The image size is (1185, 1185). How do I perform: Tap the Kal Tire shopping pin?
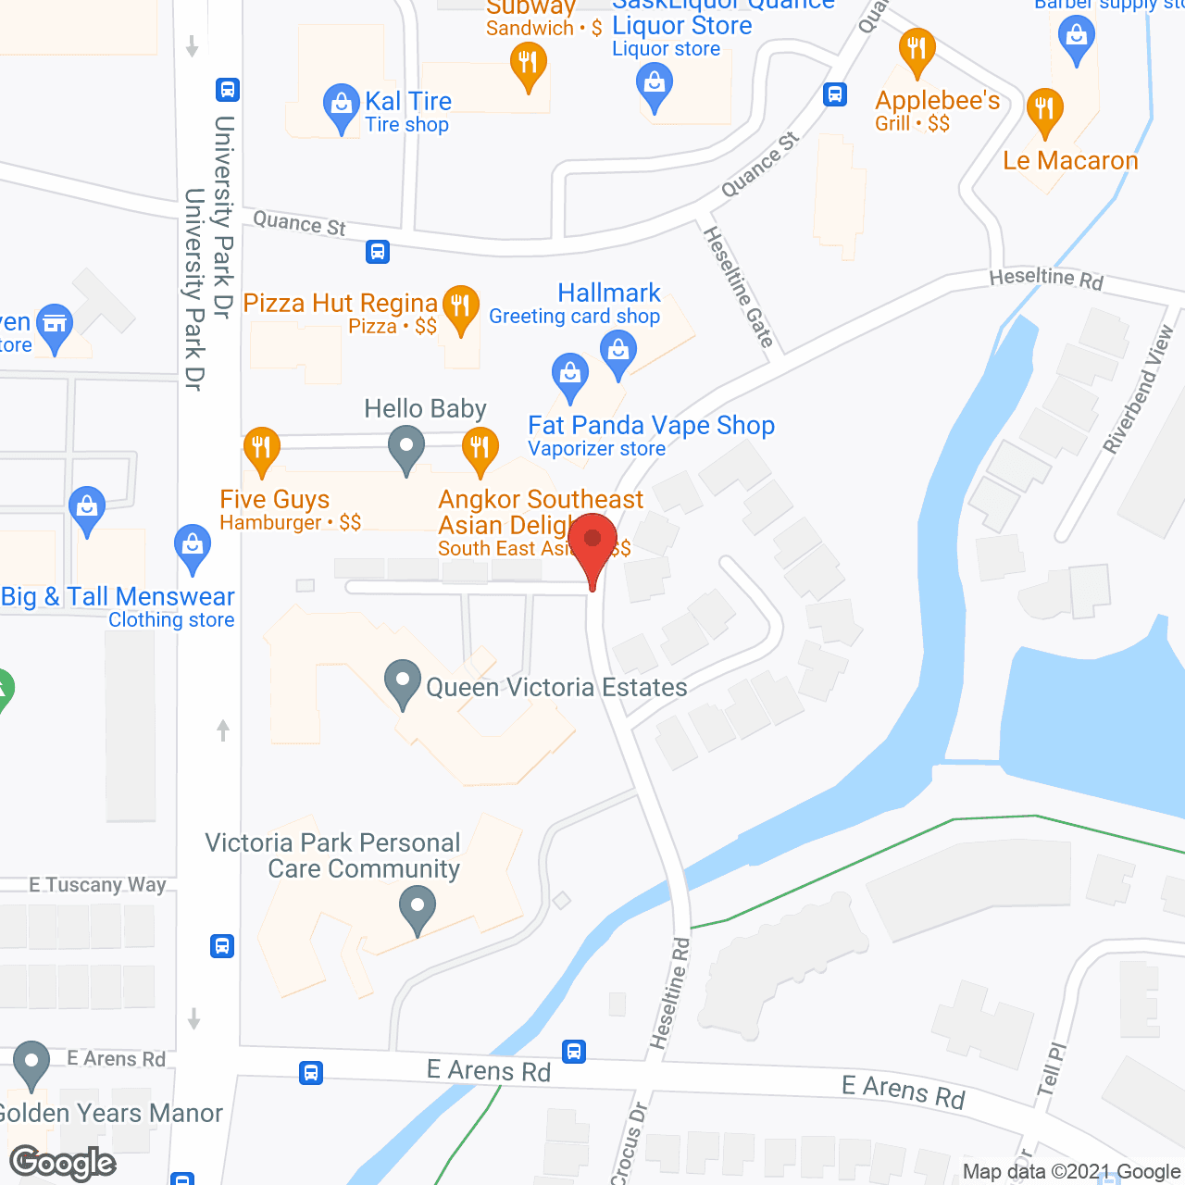[x=342, y=106]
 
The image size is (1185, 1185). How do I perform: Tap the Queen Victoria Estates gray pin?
[x=403, y=682]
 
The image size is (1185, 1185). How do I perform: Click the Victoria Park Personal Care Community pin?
[x=418, y=908]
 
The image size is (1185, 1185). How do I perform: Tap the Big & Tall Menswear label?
[x=118, y=597]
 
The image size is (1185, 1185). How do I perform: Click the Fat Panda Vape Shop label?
[x=651, y=426]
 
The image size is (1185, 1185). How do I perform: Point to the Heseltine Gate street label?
[x=739, y=287]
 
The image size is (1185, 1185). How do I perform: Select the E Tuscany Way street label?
[x=97, y=885]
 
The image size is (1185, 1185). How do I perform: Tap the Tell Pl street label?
[x=1052, y=1069]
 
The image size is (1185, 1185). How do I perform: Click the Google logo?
[x=63, y=1163]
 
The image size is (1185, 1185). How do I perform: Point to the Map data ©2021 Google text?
[x=1071, y=1172]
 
